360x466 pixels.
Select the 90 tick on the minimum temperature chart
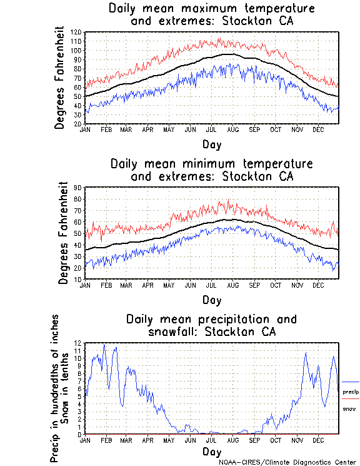coord(78,187)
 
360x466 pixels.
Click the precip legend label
coord(351,392)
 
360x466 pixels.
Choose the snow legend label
coord(349,408)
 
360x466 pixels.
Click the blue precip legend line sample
coord(351,382)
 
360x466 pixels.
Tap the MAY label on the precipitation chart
coord(169,440)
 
